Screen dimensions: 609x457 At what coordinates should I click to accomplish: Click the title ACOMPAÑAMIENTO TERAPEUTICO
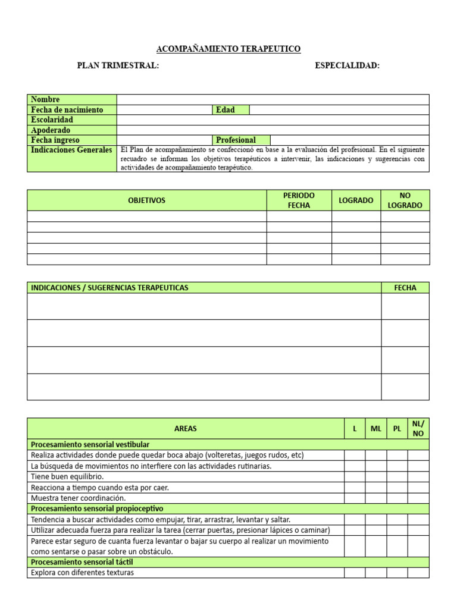click(x=228, y=49)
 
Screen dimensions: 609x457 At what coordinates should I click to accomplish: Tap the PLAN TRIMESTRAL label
click(x=118, y=65)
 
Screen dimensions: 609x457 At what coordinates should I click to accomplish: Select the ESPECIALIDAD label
click(x=347, y=65)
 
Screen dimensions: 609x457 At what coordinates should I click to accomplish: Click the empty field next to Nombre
click(x=273, y=99)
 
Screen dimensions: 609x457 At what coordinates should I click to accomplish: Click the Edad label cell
click(x=230, y=109)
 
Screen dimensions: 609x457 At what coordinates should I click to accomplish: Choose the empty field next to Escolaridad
click(x=273, y=120)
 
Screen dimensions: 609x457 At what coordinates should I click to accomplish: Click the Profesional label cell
click(x=241, y=140)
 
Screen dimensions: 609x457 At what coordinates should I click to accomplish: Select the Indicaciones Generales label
click(x=72, y=150)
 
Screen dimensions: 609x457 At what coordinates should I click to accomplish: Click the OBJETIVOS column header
click(x=146, y=200)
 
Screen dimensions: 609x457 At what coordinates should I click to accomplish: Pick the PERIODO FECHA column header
click(x=299, y=200)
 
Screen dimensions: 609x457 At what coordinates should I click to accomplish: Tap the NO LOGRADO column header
click(x=405, y=200)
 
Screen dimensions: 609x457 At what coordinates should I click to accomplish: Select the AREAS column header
click(x=186, y=428)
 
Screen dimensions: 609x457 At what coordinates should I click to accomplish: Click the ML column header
click(x=376, y=428)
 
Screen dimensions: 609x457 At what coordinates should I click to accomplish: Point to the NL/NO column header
click(x=418, y=428)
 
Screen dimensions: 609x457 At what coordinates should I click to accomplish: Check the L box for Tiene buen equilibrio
click(x=355, y=477)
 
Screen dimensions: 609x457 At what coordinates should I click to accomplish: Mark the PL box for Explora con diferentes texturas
click(x=397, y=573)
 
